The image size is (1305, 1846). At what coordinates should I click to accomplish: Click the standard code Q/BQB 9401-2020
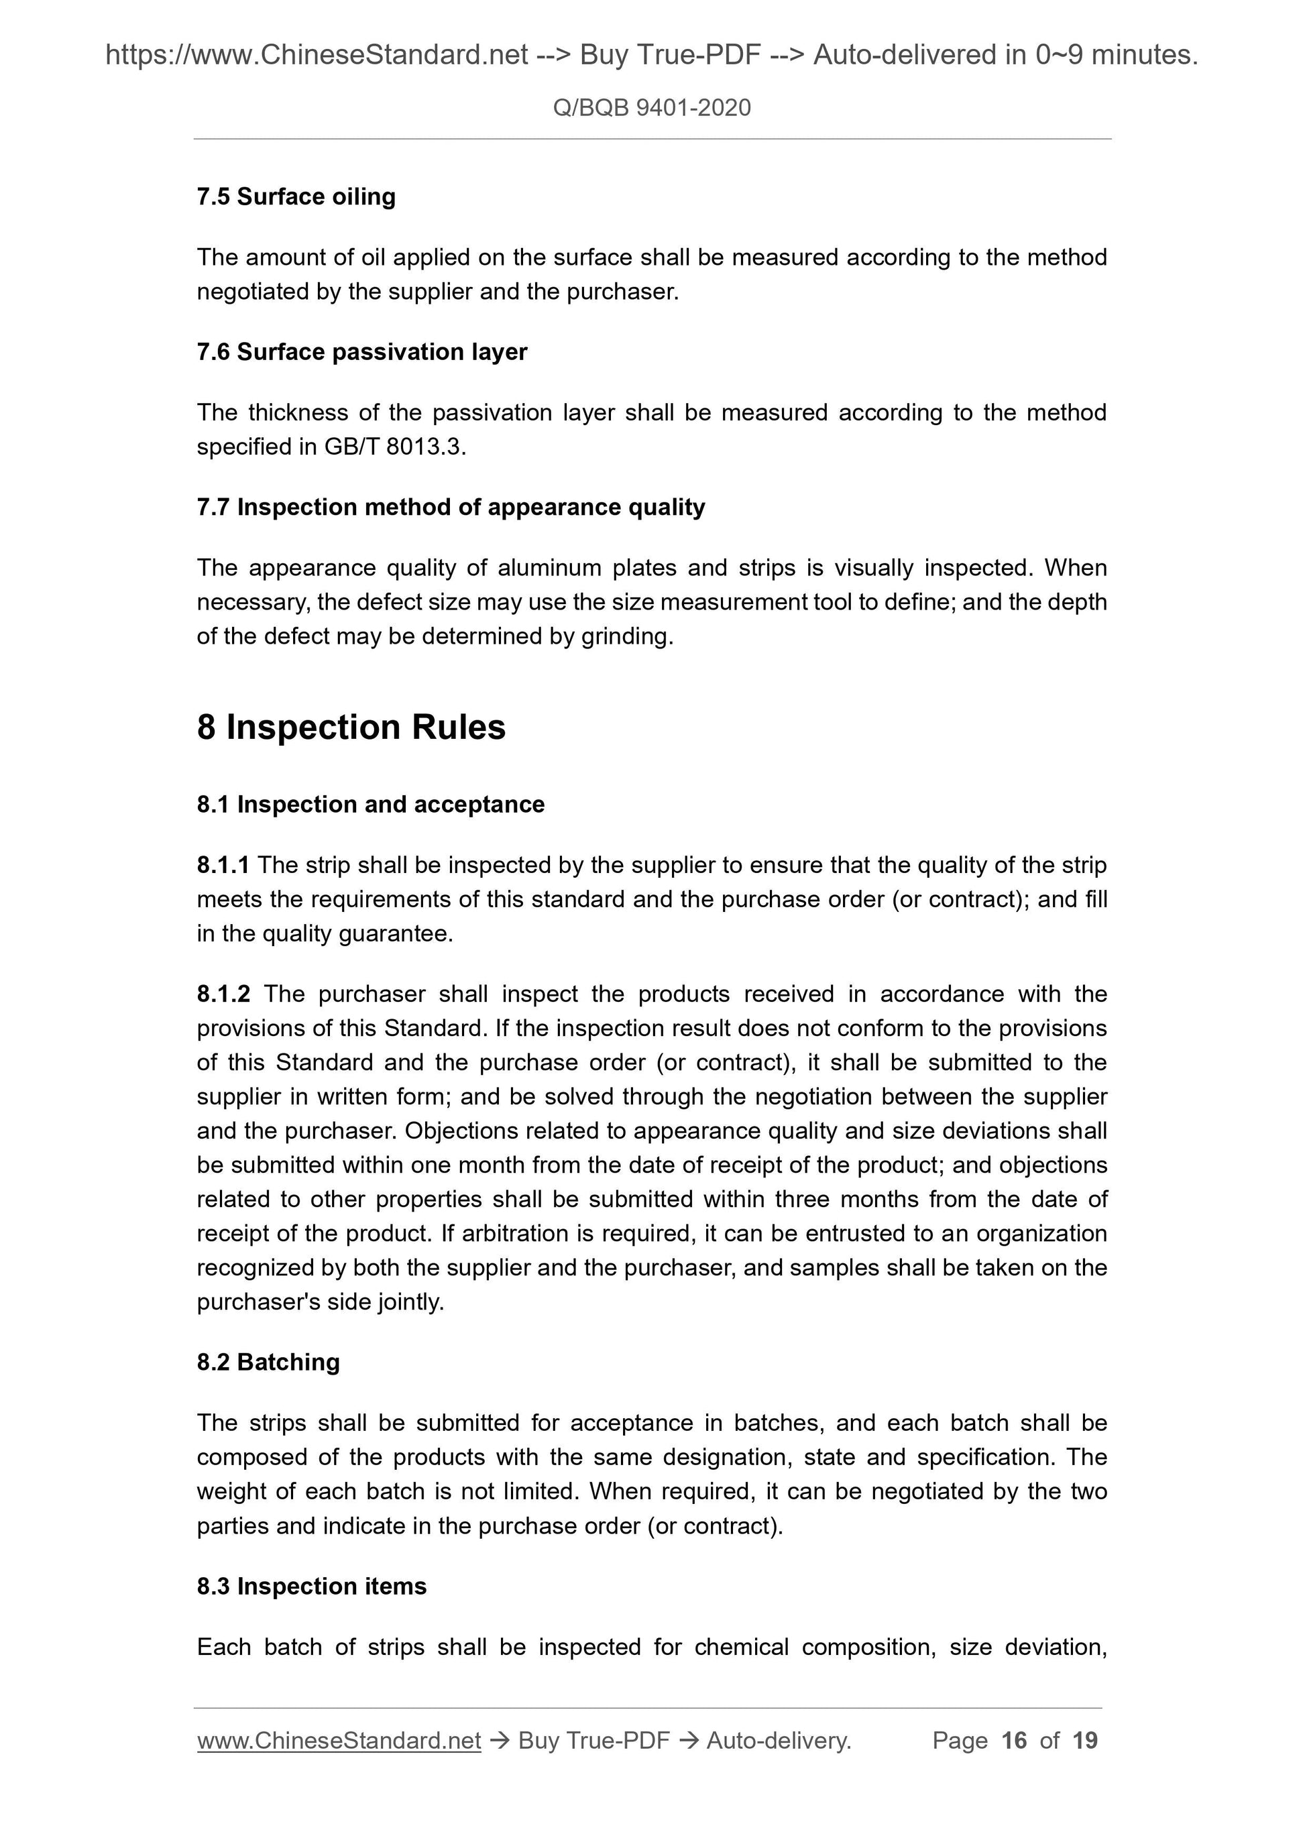651,108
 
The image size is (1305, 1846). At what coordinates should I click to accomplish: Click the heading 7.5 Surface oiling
296,197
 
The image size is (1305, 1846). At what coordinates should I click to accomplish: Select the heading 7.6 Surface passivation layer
362,352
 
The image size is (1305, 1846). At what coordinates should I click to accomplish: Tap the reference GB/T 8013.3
393,447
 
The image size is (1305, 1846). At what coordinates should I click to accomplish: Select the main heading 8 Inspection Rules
351,728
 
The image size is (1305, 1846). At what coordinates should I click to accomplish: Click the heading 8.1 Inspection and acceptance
370,805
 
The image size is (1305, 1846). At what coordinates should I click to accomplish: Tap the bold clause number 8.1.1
223,865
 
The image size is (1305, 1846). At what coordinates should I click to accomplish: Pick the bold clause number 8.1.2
223,994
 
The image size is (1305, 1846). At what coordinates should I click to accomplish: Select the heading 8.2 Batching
268,1363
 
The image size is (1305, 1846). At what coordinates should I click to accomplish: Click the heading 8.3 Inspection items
311,1587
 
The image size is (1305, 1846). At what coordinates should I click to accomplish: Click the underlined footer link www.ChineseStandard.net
339,1741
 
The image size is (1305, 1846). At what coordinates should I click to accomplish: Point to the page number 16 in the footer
1014,1741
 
